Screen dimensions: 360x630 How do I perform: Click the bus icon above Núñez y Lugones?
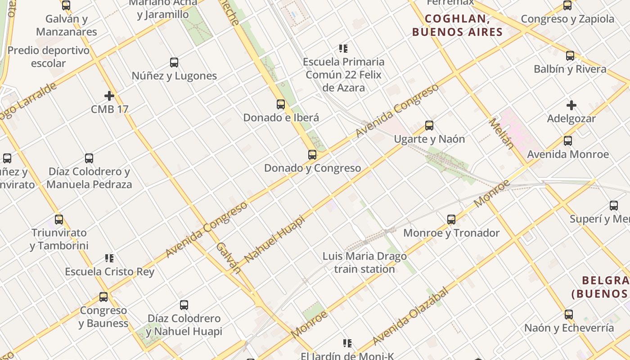[174, 63]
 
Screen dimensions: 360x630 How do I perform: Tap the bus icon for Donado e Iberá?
[281, 104]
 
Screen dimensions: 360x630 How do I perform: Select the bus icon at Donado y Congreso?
[312, 155]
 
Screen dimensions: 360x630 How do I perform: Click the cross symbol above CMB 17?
[109, 96]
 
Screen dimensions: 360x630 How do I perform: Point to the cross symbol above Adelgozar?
[571, 106]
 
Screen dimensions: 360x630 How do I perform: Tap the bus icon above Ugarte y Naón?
[429, 126]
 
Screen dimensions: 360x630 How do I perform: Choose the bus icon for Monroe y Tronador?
[451, 220]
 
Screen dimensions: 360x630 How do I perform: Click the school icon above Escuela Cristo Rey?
[109, 258]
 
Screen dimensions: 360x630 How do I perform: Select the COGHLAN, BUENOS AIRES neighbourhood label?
[457, 25]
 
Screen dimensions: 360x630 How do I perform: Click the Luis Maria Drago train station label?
[364, 263]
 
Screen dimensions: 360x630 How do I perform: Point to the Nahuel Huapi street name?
[274, 238]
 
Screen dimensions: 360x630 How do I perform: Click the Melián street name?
[501, 133]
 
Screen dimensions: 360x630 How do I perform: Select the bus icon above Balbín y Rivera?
[570, 56]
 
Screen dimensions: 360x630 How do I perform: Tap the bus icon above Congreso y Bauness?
[103, 297]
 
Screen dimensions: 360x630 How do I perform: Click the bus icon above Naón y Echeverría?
[569, 314]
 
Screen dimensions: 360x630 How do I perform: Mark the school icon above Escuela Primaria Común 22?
[343, 49]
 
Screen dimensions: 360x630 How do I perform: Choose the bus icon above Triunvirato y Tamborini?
[59, 220]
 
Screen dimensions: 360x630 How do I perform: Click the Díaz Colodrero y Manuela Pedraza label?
[89, 178]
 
